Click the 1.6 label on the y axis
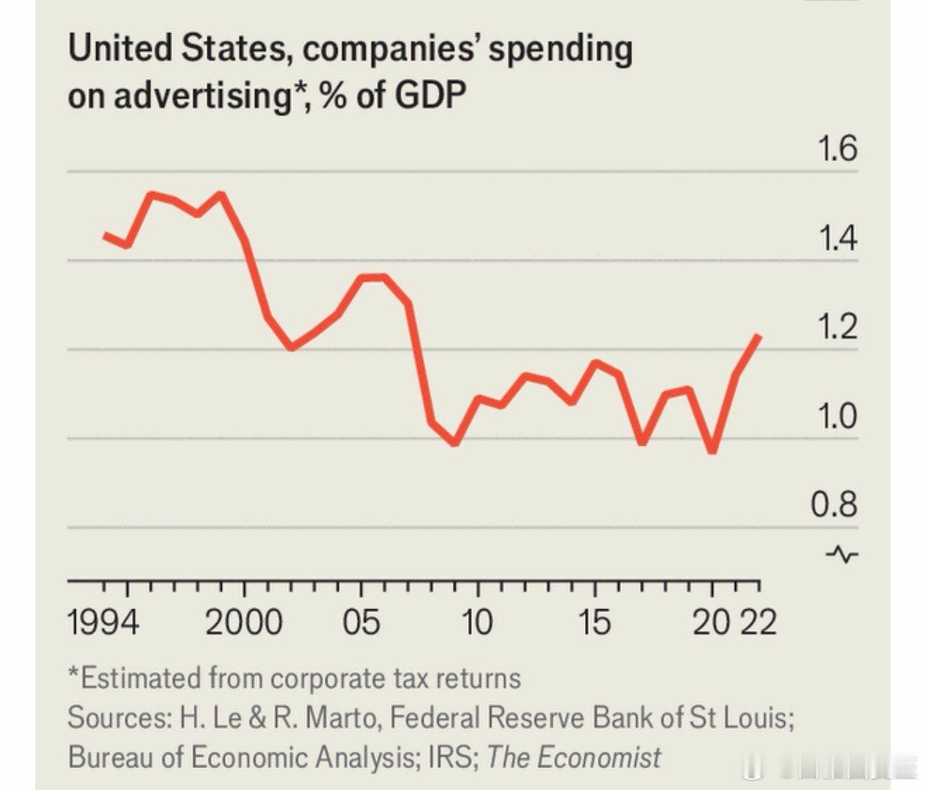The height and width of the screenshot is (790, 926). [x=837, y=149]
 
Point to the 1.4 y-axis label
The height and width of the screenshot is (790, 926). [x=837, y=239]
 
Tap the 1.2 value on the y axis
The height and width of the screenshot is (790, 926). [x=837, y=327]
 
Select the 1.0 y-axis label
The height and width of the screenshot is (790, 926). [x=837, y=416]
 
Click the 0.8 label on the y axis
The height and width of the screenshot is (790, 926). [x=834, y=505]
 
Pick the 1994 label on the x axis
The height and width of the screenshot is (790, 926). [x=103, y=623]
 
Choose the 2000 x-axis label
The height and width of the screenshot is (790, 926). [x=243, y=623]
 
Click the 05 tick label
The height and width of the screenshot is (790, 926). [x=361, y=623]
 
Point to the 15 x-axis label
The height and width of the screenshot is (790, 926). [x=594, y=623]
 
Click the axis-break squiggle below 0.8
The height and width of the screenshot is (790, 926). [x=841, y=554]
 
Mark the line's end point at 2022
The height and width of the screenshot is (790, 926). [x=758, y=336]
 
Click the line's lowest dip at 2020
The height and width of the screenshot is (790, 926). [x=712, y=450]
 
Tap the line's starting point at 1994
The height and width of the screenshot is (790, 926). [x=106, y=235]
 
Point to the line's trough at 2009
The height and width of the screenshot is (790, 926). [x=455, y=443]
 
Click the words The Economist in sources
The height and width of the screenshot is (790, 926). [x=573, y=757]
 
